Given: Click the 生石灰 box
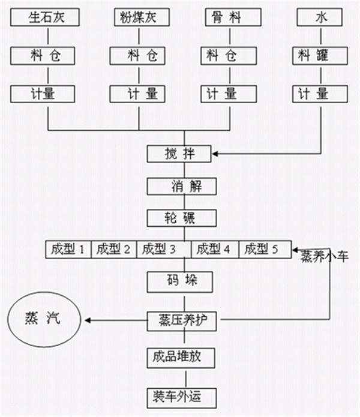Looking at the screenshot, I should pos(46,17).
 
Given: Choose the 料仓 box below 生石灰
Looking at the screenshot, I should pos(46,56).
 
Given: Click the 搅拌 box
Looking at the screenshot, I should pos(179,154).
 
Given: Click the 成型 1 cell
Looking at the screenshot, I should pos(69,249).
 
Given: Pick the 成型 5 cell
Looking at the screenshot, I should pos(265,249).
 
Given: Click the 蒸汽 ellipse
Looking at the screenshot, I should pos(44,319).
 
